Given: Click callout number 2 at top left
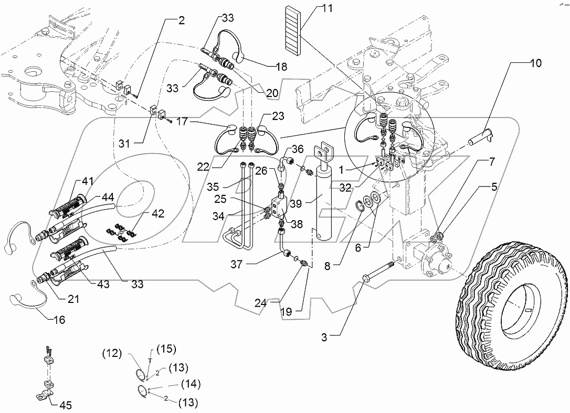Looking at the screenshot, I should coord(181,21).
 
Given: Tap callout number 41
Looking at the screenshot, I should coord(87,181).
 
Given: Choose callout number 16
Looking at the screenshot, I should coord(59,319).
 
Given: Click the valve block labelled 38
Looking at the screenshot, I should coord(277,208).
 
